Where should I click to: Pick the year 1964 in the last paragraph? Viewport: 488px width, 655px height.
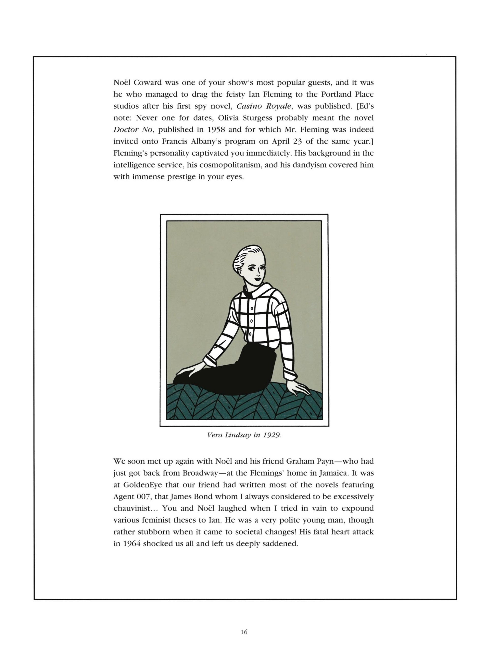coord(131,544)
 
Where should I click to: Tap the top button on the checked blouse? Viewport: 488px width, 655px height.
coord(252,308)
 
